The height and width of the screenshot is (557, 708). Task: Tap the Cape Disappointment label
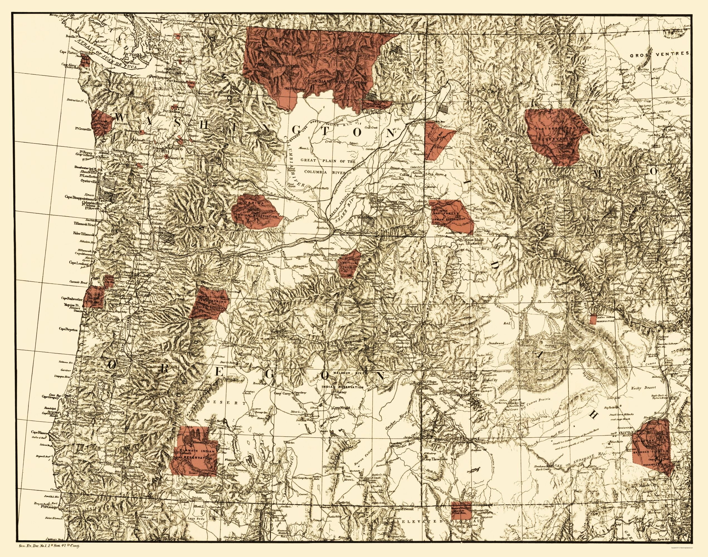click(x=78, y=197)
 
